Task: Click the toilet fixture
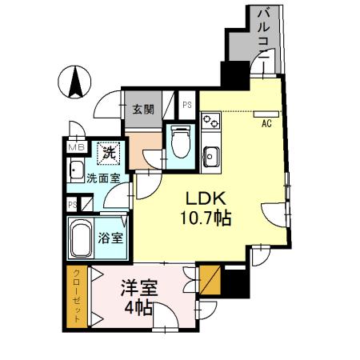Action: (179, 142)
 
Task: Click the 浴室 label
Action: (110, 238)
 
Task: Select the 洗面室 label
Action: (102, 178)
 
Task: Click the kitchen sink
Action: (211, 154)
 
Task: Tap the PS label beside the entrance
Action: (187, 104)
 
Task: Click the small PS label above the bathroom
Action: (71, 204)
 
